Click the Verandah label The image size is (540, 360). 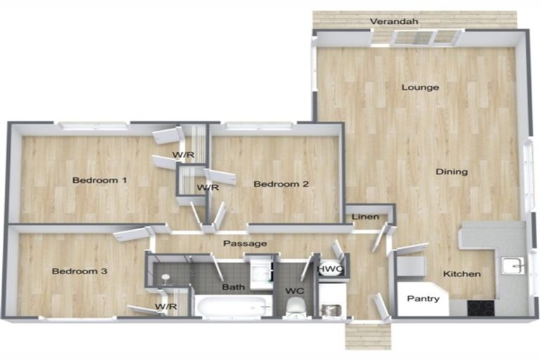[394, 21]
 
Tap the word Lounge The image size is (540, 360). [420, 87]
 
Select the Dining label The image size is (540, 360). [451, 172]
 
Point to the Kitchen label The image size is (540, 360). [462, 274]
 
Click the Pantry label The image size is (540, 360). [423, 299]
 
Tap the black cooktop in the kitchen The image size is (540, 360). [481, 308]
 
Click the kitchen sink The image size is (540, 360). [513, 266]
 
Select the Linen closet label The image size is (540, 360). [366, 217]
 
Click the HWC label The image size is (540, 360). [330, 269]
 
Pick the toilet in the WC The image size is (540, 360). [295, 307]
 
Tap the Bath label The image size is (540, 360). [233, 287]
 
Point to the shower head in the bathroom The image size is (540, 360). [166, 278]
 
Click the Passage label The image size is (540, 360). [245, 243]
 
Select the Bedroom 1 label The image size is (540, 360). [100, 180]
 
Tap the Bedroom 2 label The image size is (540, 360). [281, 184]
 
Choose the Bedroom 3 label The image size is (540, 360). [79, 271]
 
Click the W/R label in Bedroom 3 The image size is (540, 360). [166, 307]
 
